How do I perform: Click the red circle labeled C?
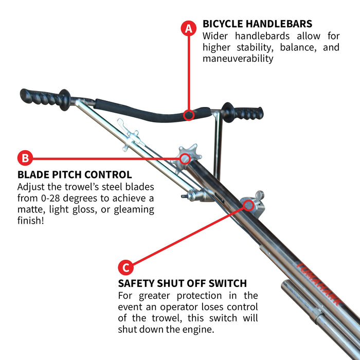[x=125, y=267]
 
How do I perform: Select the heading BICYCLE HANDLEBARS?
[x=257, y=24]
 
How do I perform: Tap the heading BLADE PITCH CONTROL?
[x=75, y=175]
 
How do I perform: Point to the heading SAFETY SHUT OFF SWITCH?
[x=183, y=283]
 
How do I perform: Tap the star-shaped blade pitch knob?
[x=186, y=157]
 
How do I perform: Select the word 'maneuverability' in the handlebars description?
[x=237, y=59]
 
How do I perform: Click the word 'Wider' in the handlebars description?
[x=216, y=36]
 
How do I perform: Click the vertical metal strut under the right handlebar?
[x=218, y=144]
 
